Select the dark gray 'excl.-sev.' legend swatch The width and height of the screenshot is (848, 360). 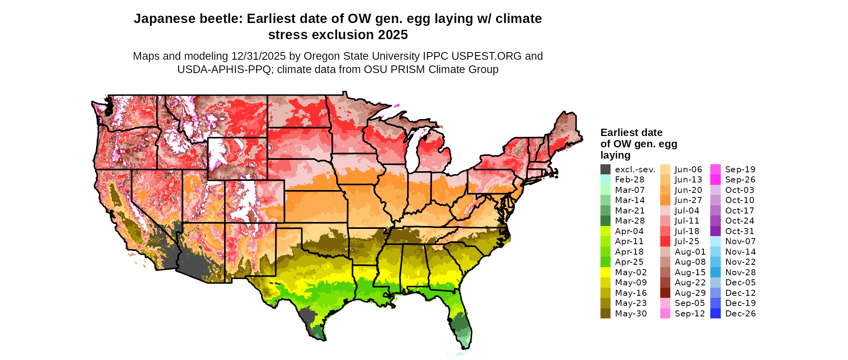coord(605,170)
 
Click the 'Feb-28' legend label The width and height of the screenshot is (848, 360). coord(630,180)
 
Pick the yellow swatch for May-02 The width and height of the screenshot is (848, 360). coord(605,272)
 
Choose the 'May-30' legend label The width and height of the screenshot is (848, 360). coord(631,314)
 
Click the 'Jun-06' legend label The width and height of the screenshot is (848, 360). coord(688,170)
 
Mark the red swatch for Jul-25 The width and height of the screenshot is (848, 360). coord(665,241)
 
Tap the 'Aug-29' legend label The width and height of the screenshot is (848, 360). coord(690,293)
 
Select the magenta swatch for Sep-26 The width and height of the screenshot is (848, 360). coord(715,180)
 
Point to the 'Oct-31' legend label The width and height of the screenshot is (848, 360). coord(739,231)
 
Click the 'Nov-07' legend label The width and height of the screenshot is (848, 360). coord(740,241)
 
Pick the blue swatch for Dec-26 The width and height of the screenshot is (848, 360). coord(715,314)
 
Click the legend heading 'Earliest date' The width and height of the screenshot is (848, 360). coord(631,133)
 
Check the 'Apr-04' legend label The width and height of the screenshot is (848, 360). coord(629,231)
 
